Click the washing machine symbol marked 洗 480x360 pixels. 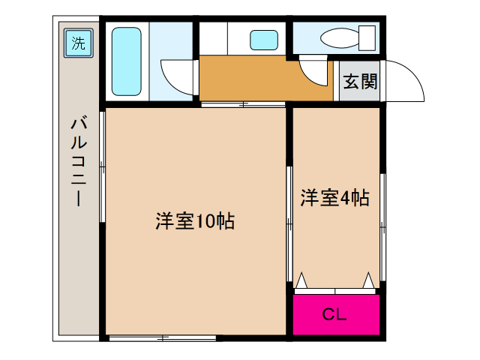coord(79,43)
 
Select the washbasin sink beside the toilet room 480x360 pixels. coord(263,39)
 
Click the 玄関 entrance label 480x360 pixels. coord(359,82)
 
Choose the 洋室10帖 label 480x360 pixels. coord(195,221)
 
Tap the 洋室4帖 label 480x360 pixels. coord(335,198)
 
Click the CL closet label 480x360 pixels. coord(334,314)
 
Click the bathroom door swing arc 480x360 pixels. coord(176,75)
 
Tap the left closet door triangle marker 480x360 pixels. coord(301,280)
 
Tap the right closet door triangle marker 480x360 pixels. coord(368,280)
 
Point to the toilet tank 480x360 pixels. coord(367,36)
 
